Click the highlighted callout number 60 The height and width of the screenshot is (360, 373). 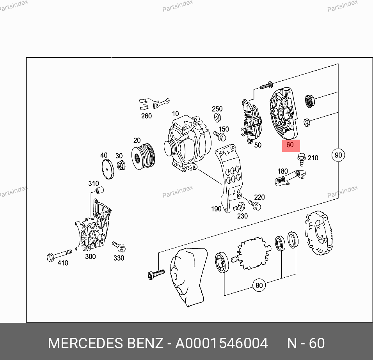click(290, 145)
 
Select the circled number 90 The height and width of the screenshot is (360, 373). click(338, 155)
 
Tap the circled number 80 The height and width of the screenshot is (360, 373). click(259, 285)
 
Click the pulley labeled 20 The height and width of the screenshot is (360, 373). click(144, 156)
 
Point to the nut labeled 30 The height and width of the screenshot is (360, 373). click(121, 165)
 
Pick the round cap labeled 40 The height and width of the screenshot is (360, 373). click(108, 169)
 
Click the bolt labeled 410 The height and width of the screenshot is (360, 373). click(59, 255)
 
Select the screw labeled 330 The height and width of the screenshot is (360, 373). click(119, 247)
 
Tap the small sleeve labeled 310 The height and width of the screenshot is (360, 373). click(99, 190)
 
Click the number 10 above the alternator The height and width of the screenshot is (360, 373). click(176, 113)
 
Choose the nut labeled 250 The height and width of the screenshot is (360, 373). click(217, 117)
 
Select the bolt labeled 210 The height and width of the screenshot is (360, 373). click(301, 159)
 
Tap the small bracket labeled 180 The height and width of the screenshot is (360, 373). click(290, 177)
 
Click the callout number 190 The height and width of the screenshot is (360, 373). click(216, 209)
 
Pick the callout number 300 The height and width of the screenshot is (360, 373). click(91, 256)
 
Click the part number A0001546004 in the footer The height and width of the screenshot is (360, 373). click(222, 343)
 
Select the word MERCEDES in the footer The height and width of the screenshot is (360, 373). click(85, 343)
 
